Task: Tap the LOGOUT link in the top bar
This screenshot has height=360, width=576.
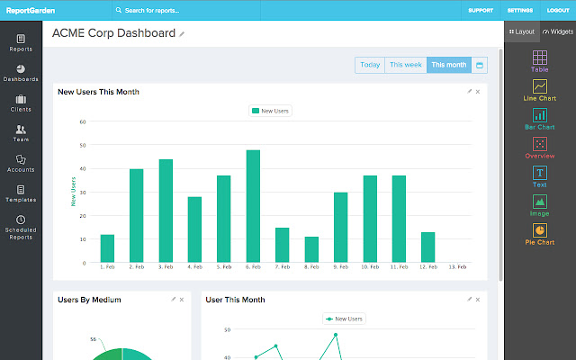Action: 558,11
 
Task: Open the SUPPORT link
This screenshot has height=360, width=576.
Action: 481,11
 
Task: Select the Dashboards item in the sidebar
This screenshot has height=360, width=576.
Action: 20,73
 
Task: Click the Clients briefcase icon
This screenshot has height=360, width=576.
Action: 20,99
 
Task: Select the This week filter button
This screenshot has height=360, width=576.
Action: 405,65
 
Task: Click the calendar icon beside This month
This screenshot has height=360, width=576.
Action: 479,65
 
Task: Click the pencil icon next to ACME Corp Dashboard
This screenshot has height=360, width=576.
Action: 182,34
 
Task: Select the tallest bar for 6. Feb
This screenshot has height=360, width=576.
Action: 253,206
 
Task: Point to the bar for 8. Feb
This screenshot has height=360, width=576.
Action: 311,249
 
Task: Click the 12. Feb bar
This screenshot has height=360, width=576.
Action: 428,247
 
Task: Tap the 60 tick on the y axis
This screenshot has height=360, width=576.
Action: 82,121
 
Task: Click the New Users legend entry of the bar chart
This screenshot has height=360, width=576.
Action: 270,111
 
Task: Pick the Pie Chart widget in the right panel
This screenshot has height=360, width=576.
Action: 539,235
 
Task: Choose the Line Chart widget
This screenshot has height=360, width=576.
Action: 539,91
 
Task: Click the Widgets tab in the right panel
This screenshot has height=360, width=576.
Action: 558,31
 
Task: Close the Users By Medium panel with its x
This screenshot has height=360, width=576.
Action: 182,299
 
